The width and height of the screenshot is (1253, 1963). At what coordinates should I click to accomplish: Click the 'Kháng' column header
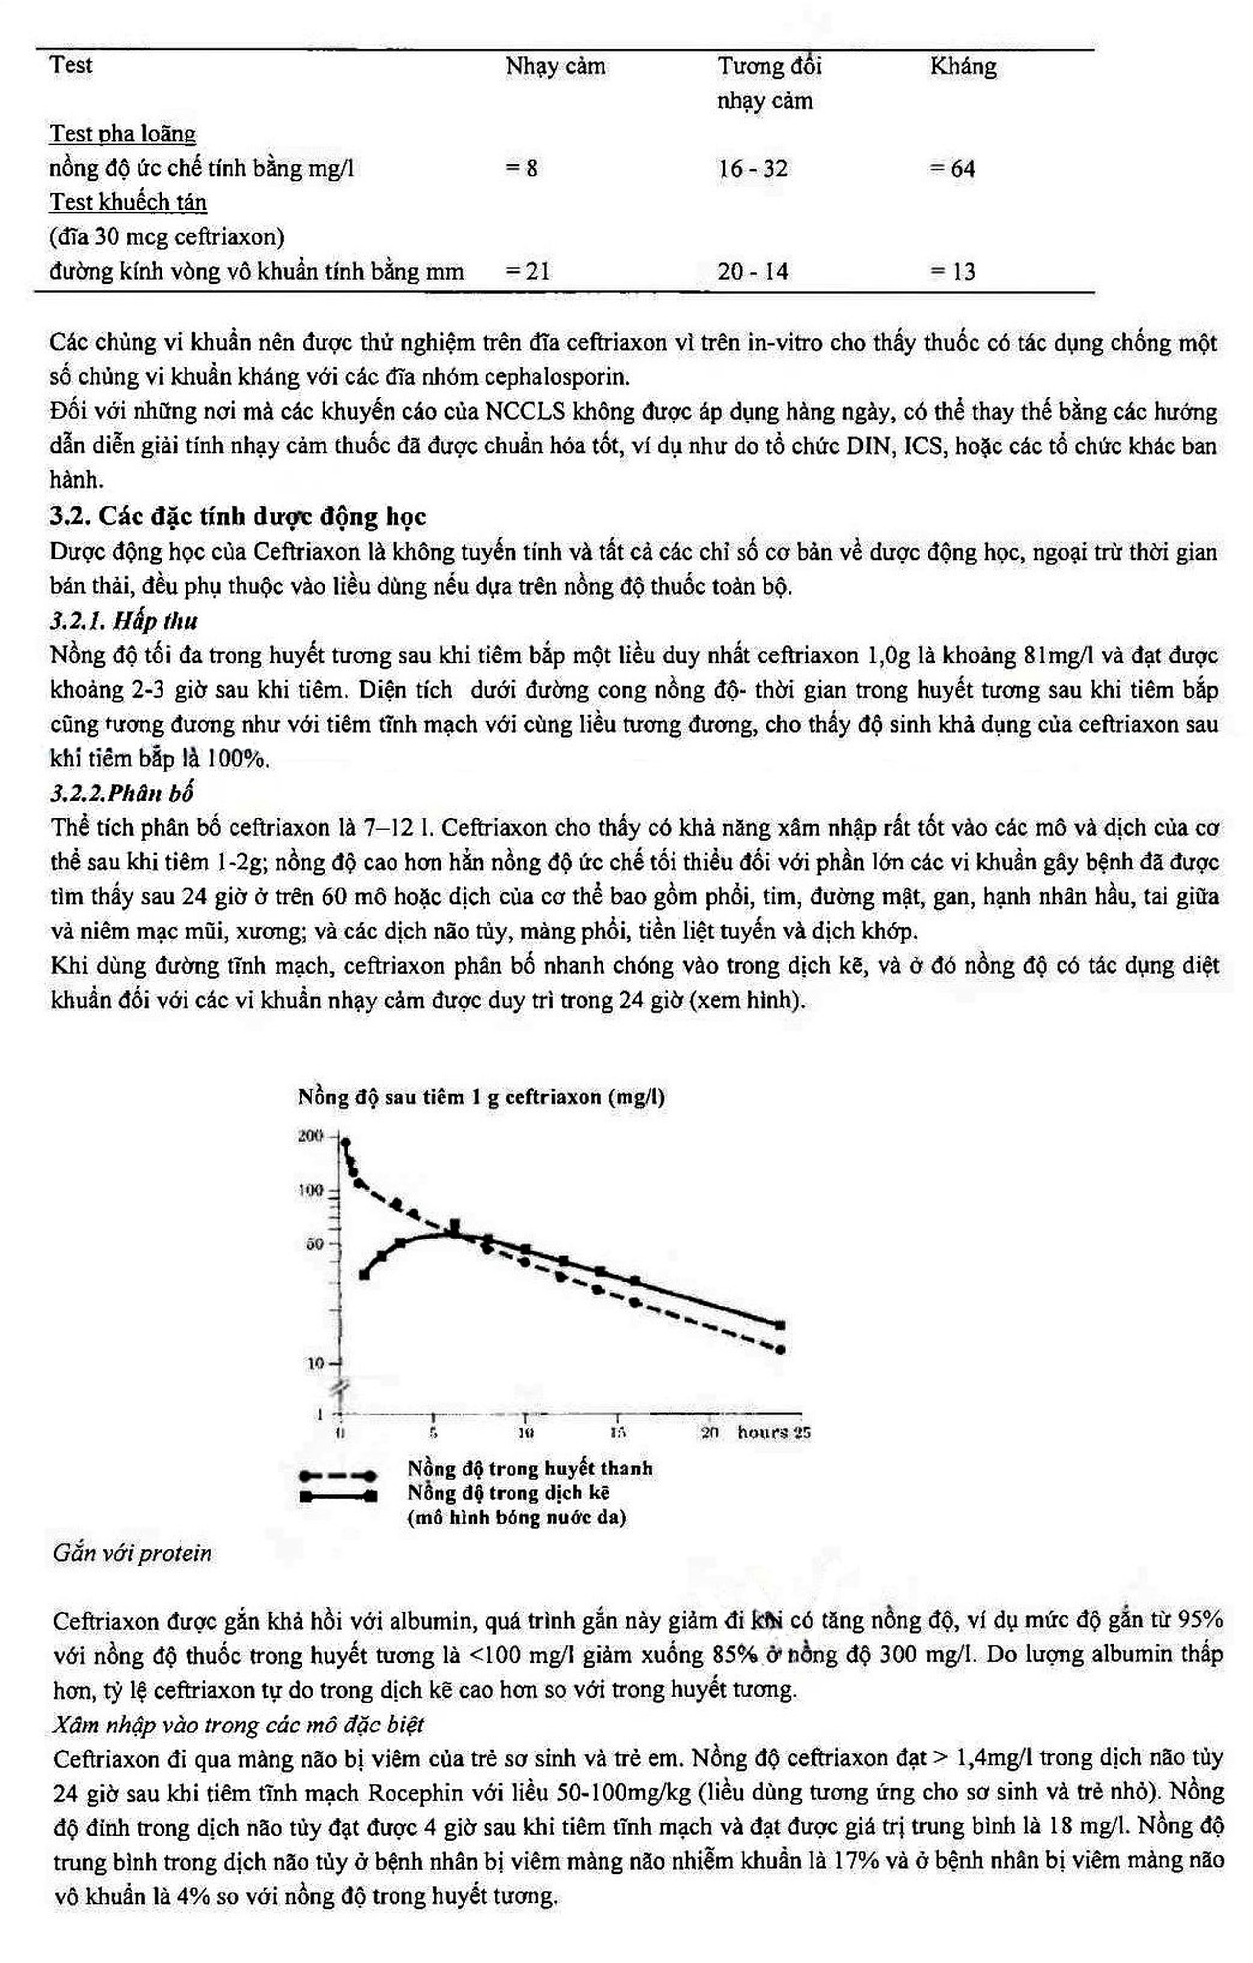pyautogui.click(x=963, y=66)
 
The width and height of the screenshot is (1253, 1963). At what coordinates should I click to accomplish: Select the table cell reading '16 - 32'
pyautogui.click(x=752, y=169)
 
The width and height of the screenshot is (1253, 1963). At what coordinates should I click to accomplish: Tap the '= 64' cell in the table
pyautogui.click(x=951, y=169)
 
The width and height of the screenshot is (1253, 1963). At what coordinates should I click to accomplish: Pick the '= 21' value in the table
pyautogui.click(x=527, y=272)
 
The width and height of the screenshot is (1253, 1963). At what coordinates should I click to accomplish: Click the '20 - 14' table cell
pyautogui.click(x=752, y=272)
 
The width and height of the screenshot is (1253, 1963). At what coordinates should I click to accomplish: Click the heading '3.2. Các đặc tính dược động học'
pyautogui.click(x=238, y=517)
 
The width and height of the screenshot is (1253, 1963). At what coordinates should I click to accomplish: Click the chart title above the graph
pyautogui.click(x=481, y=1097)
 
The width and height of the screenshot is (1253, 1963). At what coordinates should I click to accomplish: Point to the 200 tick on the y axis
pyautogui.click(x=311, y=1136)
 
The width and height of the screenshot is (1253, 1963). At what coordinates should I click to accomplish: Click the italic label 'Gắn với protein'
pyautogui.click(x=132, y=1553)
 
